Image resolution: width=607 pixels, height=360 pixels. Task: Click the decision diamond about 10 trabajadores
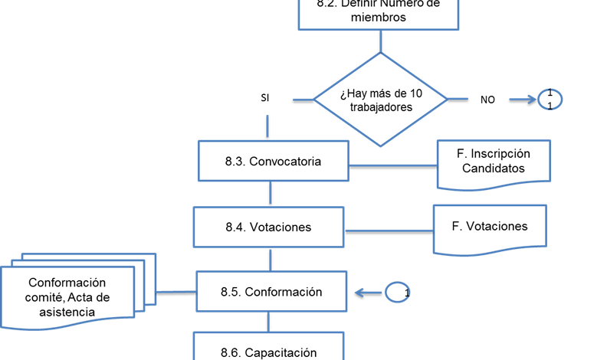pos(380,100)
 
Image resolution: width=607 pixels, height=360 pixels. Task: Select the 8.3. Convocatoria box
pos(273,162)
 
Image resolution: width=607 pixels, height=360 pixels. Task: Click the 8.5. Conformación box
pos(273,292)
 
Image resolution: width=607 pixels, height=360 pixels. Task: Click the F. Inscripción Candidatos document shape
pos(494,162)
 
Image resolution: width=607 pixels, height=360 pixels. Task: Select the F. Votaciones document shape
pos(491,227)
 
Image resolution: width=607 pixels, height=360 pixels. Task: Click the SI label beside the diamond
pos(265,99)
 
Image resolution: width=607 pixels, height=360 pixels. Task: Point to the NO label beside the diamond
pos(487,100)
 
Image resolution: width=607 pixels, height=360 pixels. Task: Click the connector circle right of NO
pos(550,99)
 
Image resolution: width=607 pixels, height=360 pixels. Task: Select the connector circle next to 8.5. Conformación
pos(398,292)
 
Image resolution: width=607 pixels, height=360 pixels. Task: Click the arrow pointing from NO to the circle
pos(523,99)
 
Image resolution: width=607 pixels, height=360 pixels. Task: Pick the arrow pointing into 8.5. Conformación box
pos(369,292)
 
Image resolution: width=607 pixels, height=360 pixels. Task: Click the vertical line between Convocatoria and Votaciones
pos(270,194)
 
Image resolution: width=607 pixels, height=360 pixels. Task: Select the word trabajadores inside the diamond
pos(381,107)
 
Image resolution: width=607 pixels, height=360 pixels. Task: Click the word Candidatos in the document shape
pos(494,168)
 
